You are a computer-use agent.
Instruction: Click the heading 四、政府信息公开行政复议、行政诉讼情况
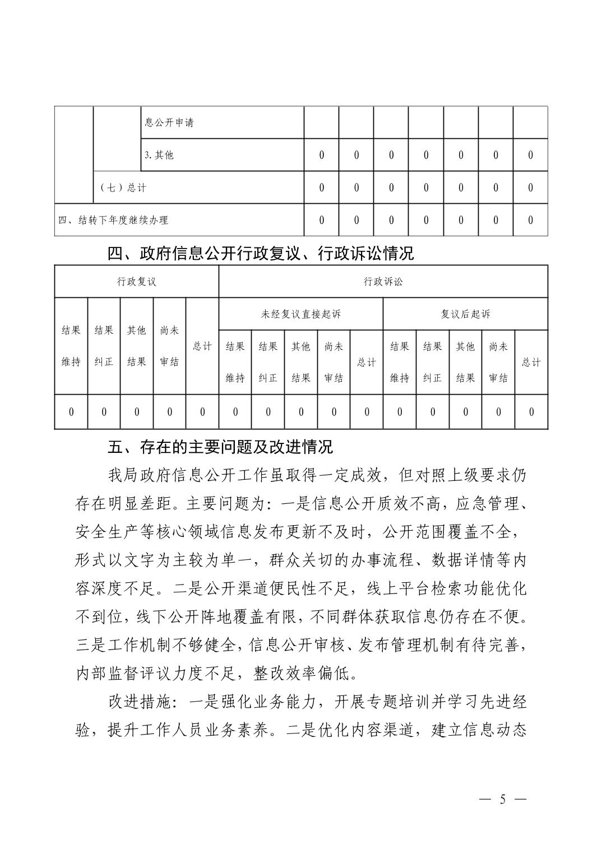coord(261,254)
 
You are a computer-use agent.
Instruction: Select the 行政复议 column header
coord(136,282)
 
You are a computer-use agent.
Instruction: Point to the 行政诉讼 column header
coord(383,282)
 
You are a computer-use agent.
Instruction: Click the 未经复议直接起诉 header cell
coord(300,314)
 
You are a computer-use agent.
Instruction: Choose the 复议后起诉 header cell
coord(465,314)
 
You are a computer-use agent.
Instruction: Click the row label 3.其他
coord(159,155)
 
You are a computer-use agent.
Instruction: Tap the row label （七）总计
coord(123,188)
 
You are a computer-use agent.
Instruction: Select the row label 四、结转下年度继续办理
coord(113,220)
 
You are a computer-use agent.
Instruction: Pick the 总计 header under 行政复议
coord(202,346)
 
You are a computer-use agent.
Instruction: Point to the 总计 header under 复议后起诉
coord(531,362)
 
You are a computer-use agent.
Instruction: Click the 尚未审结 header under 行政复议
coord(169,346)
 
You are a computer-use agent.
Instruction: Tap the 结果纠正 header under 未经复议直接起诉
coord(268,362)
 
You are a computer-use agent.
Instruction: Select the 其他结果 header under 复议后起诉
coord(465,362)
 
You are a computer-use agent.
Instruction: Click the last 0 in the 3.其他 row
coord(530,155)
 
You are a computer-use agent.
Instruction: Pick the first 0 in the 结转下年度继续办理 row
coord(321,220)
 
